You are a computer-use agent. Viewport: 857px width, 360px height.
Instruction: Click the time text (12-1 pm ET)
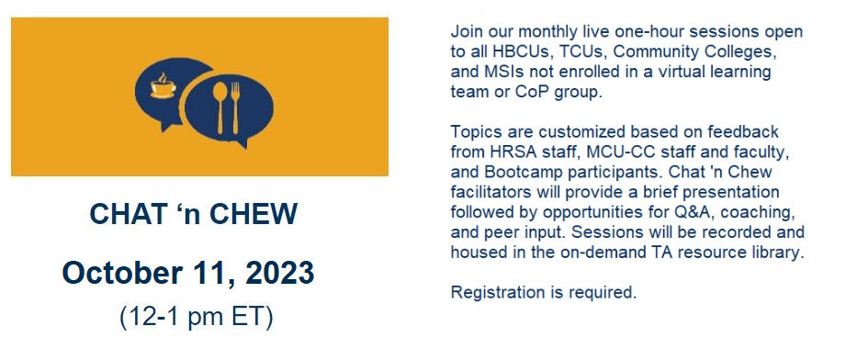click(x=196, y=317)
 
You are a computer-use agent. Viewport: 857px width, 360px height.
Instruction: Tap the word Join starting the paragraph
click(x=466, y=31)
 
